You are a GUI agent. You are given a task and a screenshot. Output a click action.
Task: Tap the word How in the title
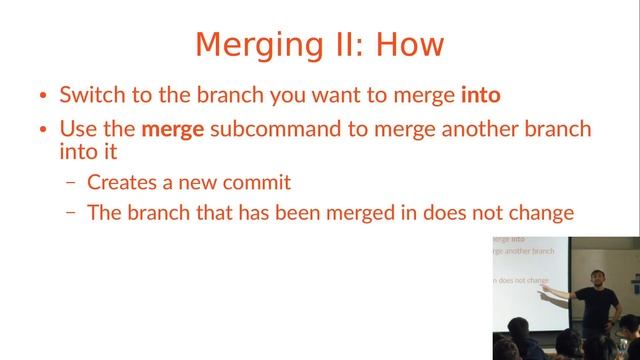[x=406, y=46]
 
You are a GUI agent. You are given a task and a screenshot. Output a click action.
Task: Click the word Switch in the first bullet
[x=90, y=96]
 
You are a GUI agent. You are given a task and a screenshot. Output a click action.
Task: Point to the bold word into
[x=480, y=96]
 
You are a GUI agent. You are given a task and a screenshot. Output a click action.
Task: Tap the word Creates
[x=121, y=182]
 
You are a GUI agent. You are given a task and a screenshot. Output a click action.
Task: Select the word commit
[x=255, y=182]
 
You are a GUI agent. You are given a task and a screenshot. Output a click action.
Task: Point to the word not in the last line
[x=478, y=212]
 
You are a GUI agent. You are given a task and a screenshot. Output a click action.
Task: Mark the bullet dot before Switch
[x=43, y=97]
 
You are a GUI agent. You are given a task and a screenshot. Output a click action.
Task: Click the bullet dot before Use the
[x=43, y=130]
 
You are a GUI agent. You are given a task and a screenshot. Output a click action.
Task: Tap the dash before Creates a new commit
[x=70, y=183]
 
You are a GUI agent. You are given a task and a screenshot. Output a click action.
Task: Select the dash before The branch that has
[x=70, y=213]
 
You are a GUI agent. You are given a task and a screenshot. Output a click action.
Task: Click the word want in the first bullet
[x=345, y=96]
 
